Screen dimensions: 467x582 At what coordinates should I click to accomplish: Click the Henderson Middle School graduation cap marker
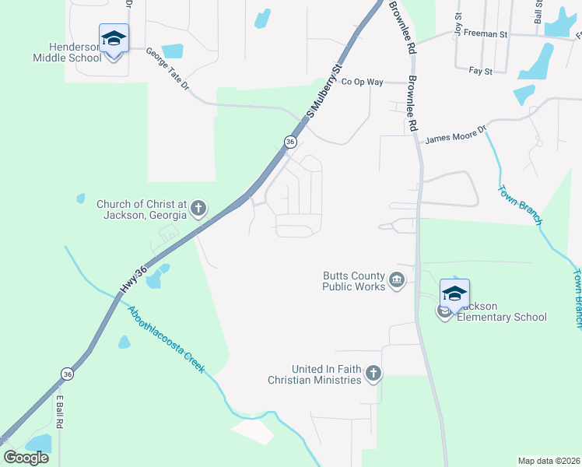point(114,38)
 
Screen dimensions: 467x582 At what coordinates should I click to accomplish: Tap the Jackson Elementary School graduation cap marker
point(454,293)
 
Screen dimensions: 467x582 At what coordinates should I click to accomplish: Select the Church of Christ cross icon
point(199,208)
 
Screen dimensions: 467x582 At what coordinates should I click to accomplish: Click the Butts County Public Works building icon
point(397,280)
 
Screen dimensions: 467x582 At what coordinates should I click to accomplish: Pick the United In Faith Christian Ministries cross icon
point(373,374)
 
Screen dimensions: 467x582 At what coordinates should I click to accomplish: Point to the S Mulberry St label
point(324,93)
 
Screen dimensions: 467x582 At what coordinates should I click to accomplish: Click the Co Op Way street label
point(363,81)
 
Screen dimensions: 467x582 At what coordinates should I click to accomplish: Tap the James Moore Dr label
point(455,134)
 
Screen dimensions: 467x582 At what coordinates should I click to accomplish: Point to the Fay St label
point(481,71)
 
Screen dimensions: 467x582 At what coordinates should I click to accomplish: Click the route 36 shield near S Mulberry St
point(289,142)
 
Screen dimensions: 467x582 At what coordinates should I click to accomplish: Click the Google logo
point(26,457)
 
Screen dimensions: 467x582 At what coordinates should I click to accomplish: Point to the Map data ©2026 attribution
point(549,461)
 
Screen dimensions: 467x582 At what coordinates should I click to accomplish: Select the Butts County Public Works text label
point(354,281)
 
